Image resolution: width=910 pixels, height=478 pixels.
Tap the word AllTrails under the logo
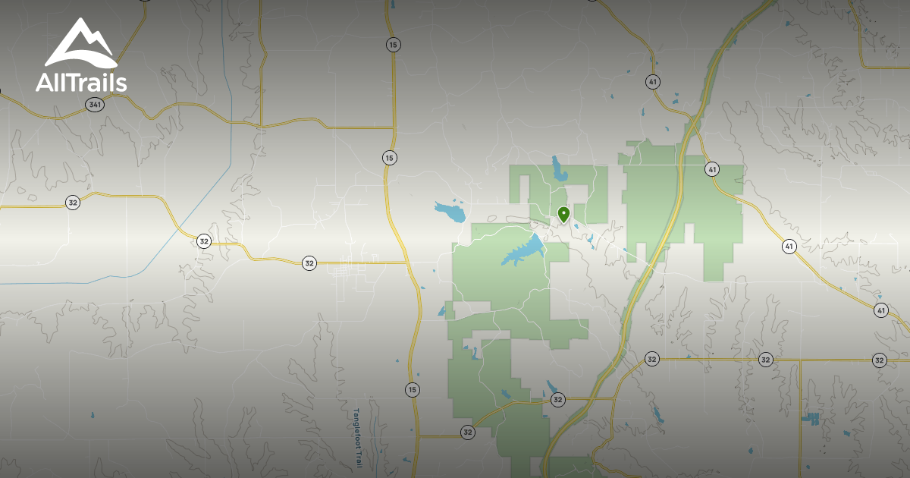(x=81, y=83)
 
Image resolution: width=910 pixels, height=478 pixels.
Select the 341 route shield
(x=94, y=105)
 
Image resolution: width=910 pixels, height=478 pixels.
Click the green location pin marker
(x=563, y=215)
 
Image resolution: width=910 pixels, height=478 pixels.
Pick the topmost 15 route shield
(x=392, y=45)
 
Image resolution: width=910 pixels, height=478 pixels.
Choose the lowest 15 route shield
(x=412, y=390)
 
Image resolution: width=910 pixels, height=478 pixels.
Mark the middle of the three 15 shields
(x=389, y=158)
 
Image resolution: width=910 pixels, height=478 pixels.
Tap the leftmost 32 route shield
(x=72, y=203)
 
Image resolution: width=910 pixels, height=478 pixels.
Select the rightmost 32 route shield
(x=879, y=360)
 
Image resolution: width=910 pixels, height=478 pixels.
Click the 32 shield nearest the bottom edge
(x=467, y=432)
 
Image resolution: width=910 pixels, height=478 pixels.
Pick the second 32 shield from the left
(x=203, y=241)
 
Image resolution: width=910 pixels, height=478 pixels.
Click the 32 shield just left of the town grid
(x=309, y=263)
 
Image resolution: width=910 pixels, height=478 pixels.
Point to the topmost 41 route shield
(x=653, y=81)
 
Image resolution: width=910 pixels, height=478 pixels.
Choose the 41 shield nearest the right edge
(x=880, y=310)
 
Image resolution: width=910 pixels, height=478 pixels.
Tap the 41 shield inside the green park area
(x=711, y=169)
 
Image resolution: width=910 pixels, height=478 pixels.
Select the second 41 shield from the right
(x=789, y=247)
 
